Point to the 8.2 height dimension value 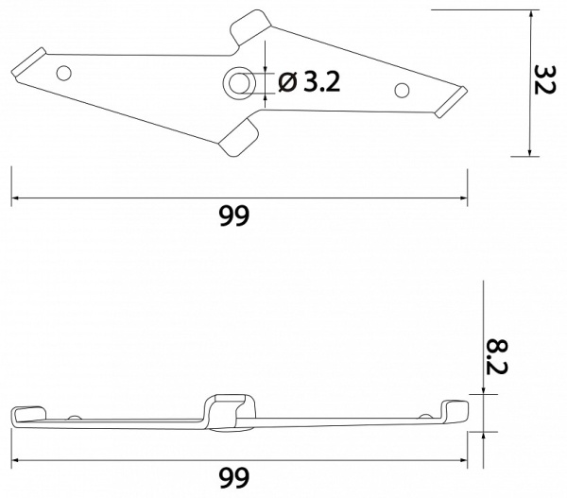(496, 352)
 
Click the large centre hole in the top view (239, 83)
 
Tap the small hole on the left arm (64, 72)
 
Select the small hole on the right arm (402, 90)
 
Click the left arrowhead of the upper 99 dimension (15, 199)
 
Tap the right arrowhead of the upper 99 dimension (464, 199)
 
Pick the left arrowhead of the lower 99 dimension (15, 461)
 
